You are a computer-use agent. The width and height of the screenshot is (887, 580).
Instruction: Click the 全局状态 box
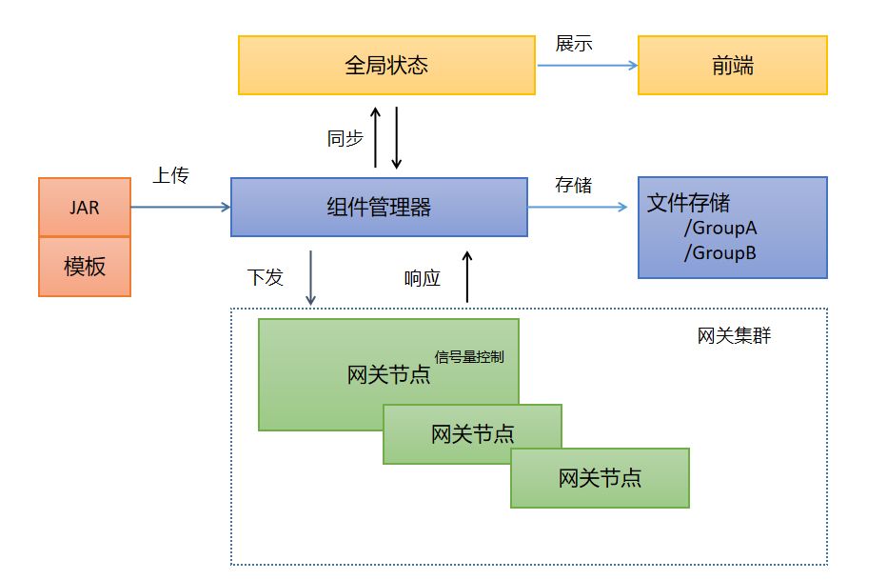click(x=386, y=65)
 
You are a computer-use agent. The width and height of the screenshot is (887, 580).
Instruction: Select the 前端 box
click(x=733, y=65)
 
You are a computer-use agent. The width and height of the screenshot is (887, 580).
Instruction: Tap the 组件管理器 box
click(x=379, y=207)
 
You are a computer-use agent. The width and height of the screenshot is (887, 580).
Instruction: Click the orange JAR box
click(x=85, y=207)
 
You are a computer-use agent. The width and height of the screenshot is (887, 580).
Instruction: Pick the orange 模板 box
click(x=85, y=267)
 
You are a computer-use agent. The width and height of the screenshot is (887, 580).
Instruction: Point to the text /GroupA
click(x=720, y=228)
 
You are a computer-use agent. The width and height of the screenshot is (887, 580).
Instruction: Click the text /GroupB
click(x=720, y=253)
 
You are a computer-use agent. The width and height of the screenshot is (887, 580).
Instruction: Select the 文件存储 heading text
click(x=688, y=203)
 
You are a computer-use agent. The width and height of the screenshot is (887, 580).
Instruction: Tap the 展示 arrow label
click(x=574, y=44)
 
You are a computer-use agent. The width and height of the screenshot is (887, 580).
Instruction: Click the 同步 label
click(x=345, y=138)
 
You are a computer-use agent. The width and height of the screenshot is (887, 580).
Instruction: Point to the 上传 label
click(x=171, y=175)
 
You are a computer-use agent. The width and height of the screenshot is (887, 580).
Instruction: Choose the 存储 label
click(x=574, y=185)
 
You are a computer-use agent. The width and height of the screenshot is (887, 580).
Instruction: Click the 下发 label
click(x=266, y=277)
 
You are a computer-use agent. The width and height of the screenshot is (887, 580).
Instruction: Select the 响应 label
click(x=422, y=278)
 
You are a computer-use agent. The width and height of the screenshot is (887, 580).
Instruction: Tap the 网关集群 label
click(x=735, y=335)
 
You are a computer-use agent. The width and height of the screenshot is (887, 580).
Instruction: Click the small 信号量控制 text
click(x=469, y=357)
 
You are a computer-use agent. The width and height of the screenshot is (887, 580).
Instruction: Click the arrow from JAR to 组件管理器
click(x=181, y=207)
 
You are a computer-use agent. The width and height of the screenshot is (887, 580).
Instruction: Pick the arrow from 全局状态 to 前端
click(x=587, y=65)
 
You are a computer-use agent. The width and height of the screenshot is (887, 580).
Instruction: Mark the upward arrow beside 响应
click(x=467, y=277)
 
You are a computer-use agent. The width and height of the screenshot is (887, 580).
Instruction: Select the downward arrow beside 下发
click(x=310, y=278)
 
